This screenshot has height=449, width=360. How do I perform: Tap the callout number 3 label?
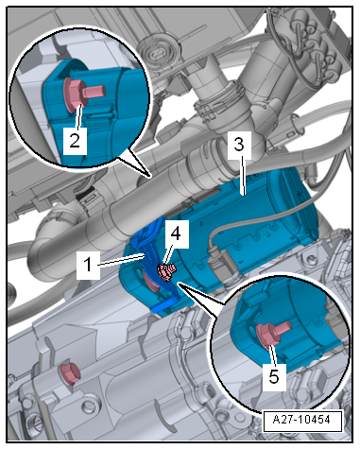(x=240, y=145)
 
